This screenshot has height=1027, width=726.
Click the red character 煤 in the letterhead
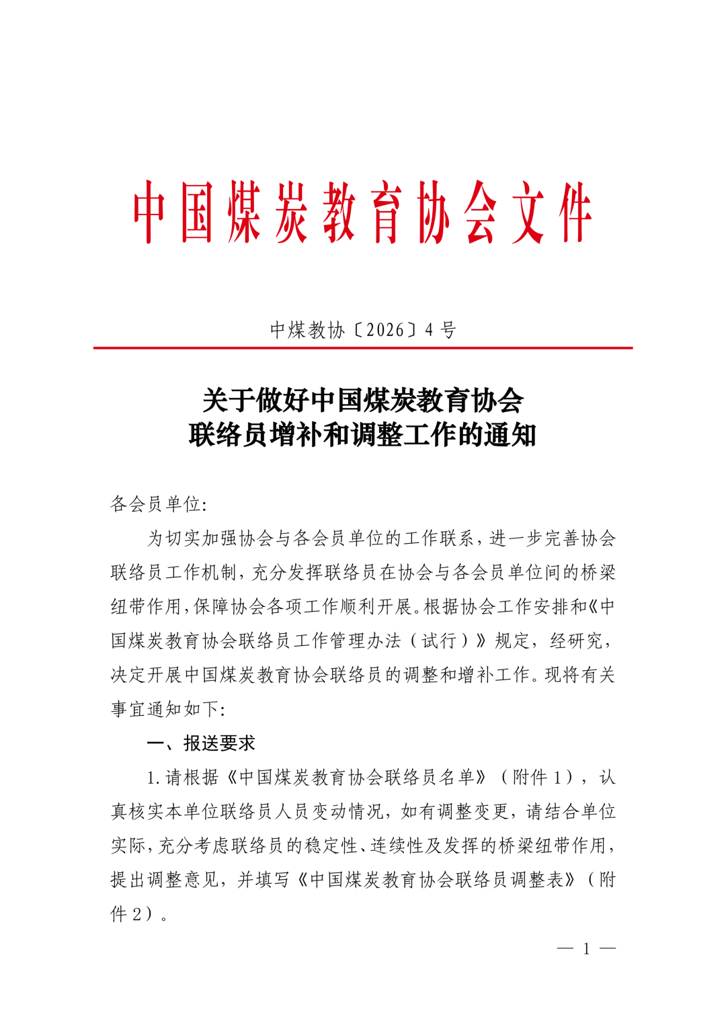click(x=244, y=212)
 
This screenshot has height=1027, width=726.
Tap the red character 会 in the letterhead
click(x=481, y=212)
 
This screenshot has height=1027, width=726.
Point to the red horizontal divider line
click(x=363, y=348)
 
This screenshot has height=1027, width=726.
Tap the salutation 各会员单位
click(x=155, y=504)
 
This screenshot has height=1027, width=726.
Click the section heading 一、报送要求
click(x=201, y=743)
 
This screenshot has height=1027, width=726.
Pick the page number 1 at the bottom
click(x=586, y=948)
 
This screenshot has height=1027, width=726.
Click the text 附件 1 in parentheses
click(x=539, y=778)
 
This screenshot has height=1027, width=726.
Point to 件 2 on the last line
click(x=127, y=914)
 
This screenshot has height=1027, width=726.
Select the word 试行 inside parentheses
click(x=438, y=641)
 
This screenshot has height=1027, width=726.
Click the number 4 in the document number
click(x=430, y=330)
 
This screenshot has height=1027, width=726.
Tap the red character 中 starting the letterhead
click(x=149, y=212)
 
